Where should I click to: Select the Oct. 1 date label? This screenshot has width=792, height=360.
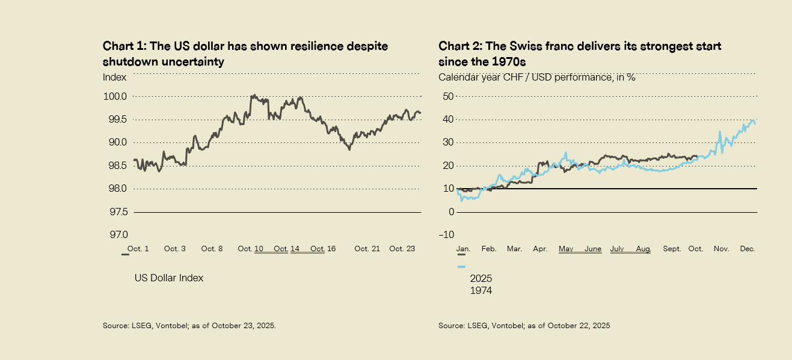[140, 249]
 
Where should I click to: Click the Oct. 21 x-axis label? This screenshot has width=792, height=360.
[367, 249]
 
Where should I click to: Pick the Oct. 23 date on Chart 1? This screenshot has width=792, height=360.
[402, 249]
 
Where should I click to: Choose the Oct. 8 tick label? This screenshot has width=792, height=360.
[212, 249]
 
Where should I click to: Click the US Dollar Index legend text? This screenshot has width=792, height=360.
[168, 278]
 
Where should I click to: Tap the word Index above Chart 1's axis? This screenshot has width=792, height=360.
[115, 77]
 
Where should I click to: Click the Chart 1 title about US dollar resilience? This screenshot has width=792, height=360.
[245, 53]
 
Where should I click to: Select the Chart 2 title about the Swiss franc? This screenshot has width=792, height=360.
[580, 53]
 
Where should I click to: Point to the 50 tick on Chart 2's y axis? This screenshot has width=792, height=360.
[447, 96]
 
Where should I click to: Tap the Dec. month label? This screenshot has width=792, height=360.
[747, 249]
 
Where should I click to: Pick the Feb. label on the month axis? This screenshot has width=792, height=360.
[488, 249]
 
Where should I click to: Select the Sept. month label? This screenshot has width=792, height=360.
[671, 249]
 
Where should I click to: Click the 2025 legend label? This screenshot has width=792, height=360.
[481, 279]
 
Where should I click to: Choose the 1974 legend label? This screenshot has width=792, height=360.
[481, 291]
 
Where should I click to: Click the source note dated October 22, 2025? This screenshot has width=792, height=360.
[524, 326]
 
